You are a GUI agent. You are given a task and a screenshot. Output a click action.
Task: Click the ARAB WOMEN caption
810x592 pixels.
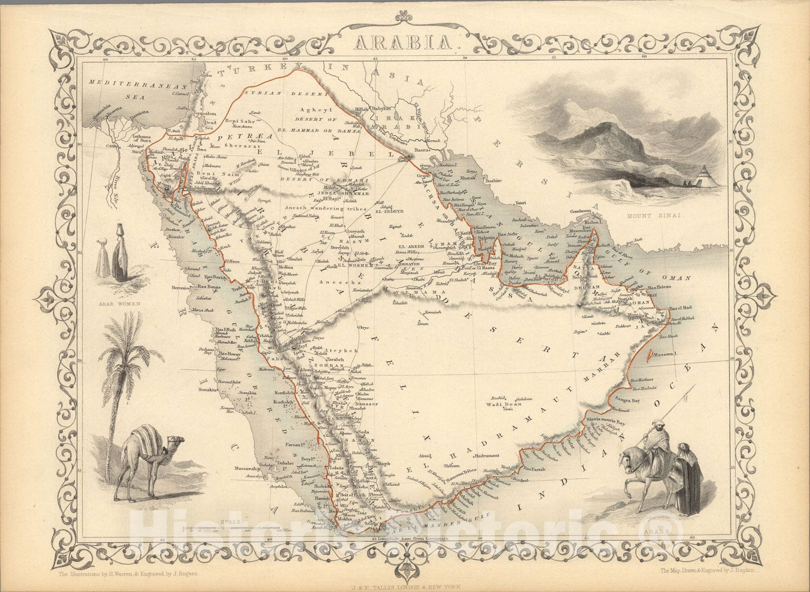click(119, 305)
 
